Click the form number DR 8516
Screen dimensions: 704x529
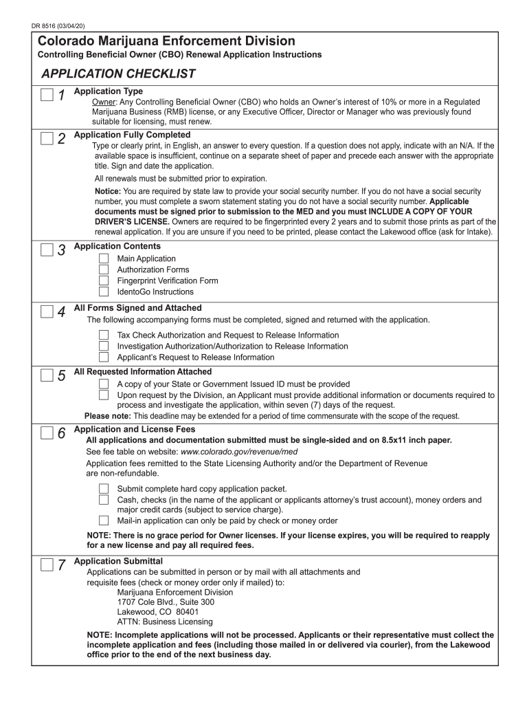pyautogui.click(x=58, y=25)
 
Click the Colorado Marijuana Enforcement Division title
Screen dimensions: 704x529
pyautogui.click(x=166, y=41)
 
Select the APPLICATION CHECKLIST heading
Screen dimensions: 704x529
pyautogui.click(x=118, y=74)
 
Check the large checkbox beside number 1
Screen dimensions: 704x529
pyautogui.click(x=46, y=95)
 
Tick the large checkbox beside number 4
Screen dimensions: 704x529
pyautogui.click(x=46, y=312)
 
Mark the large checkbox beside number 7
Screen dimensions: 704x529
pyautogui.click(x=46, y=565)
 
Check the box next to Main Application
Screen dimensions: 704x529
pyautogui.click(x=104, y=258)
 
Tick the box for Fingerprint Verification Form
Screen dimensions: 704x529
pyautogui.click(x=104, y=280)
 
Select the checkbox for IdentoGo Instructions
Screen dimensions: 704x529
pyautogui.click(x=104, y=291)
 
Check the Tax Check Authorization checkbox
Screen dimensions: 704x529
pyautogui.click(x=104, y=335)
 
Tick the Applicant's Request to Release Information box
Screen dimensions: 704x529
pyautogui.click(x=104, y=357)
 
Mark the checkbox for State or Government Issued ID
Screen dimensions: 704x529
pyautogui.click(x=104, y=384)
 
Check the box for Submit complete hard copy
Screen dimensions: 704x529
pyautogui.click(x=104, y=489)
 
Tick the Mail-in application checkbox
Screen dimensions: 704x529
pyautogui.click(x=104, y=520)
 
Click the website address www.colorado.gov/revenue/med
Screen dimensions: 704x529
pyautogui.click(x=238, y=452)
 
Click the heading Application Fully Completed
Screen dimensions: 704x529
pyautogui.click(x=132, y=135)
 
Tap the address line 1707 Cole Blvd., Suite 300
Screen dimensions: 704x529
pyautogui.click(x=166, y=602)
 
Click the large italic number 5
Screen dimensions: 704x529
pyautogui.click(x=61, y=376)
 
